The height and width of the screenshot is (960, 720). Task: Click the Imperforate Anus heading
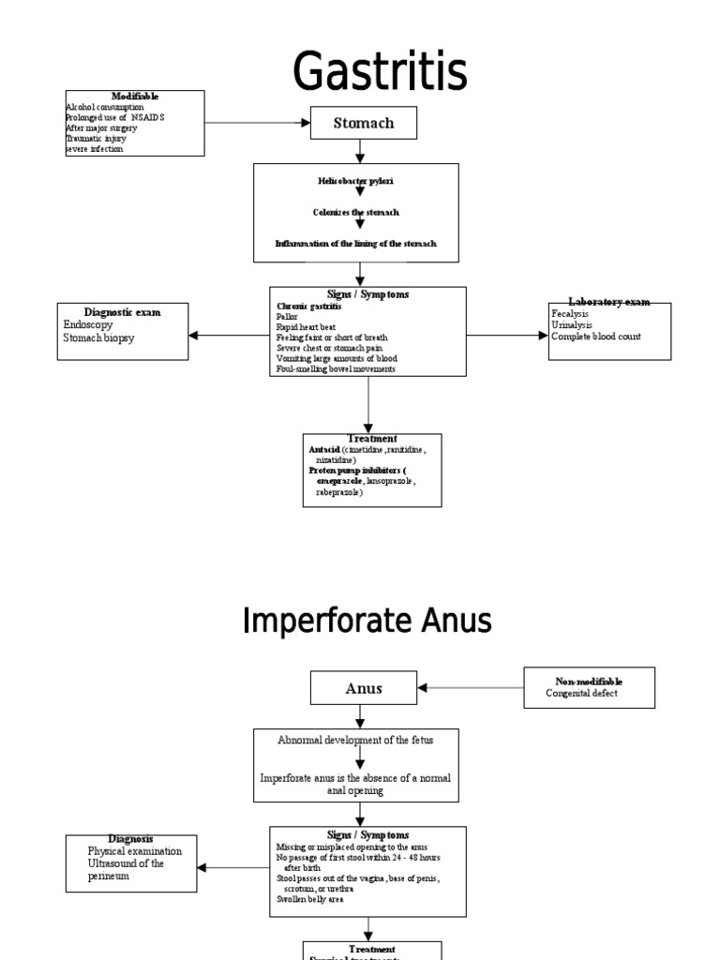click(x=367, y=621)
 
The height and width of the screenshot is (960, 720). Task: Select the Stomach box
click(x=364, y=123)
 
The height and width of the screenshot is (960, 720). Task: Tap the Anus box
click(x=364, y=688)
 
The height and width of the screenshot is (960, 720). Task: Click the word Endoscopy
click(x=88, y=324)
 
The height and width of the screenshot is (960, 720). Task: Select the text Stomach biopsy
click(x=98, y=337)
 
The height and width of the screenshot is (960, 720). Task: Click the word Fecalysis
click(x=571, y=313)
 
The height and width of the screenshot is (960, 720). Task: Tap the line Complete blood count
click(x=596, y=337)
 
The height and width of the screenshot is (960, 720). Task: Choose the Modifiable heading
click(x=135, y=97)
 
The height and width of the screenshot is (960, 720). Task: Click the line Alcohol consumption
click(x=104, y=108)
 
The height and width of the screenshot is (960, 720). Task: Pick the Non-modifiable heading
click(x=588, y=682)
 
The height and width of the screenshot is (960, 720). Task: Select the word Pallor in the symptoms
click(x=287, y=318)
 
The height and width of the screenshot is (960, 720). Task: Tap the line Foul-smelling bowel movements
click(x=336, y=369)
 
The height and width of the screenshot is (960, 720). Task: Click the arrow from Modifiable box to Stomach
click(x=258, y=123)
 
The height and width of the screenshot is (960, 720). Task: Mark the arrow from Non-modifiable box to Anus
click(x=471, y=687)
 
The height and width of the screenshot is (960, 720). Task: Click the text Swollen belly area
click(x=309, y=899)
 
